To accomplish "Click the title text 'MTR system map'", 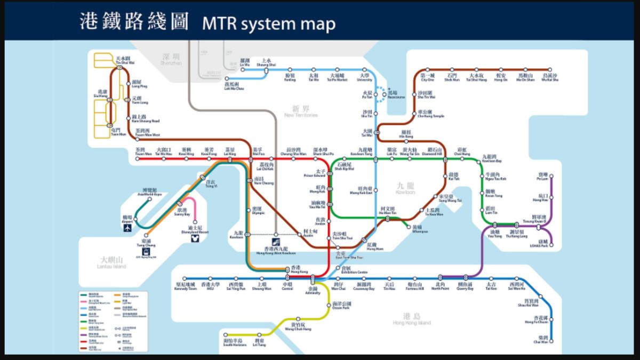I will [x=269, y=24].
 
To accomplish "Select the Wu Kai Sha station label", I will [x=550, y=78].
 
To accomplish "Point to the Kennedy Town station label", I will [x=186, y=287].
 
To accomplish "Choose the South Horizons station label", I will [x=235, y=343].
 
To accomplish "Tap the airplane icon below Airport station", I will [x=128, y=228].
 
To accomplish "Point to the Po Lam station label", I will [x=542, y=177].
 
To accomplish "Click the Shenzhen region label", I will [x=171, y=59].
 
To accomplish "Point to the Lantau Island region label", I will [x=111, y=262].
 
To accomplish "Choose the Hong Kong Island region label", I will [x=411, y=319].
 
